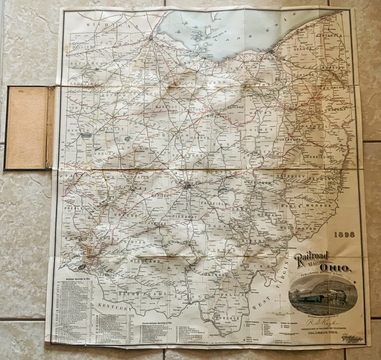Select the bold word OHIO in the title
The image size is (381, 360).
[x=334, y=268]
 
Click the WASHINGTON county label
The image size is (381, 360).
[x=301, y=228]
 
